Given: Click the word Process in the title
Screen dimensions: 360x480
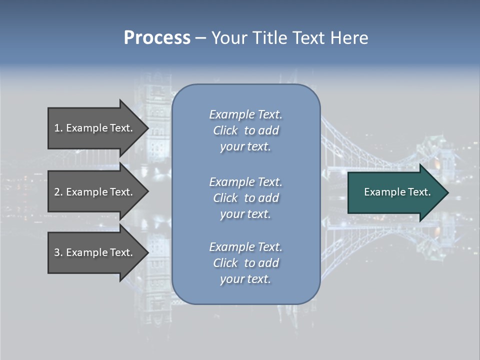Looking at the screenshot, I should [x=157, y=38].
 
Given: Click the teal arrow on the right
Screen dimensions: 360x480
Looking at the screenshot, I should [x=395, y=192].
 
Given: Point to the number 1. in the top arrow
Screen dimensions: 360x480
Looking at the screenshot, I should [x=58, y=128].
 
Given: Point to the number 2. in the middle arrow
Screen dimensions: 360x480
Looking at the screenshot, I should [x=58, y=192].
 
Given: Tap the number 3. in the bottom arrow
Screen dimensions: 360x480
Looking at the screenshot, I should [x=58, y=252].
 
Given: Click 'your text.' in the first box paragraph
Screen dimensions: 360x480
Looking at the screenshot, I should [x=245, y=147].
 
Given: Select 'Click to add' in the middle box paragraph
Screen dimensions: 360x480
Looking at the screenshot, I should [x=245, y=198].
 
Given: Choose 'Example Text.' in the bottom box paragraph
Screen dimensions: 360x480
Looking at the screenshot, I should [x=245, y=247].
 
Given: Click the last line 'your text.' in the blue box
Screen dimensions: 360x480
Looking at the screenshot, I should [x=245, y=279].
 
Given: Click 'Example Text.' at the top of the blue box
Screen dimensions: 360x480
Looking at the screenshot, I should [x=245, y=114].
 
